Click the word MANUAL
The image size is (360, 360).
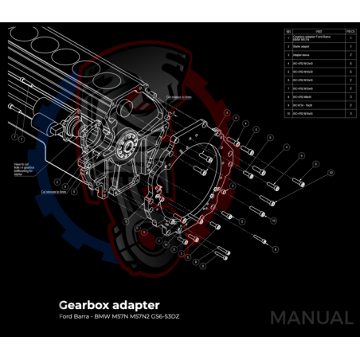tap(311, 317)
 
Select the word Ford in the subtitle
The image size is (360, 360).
tap(65, 317)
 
